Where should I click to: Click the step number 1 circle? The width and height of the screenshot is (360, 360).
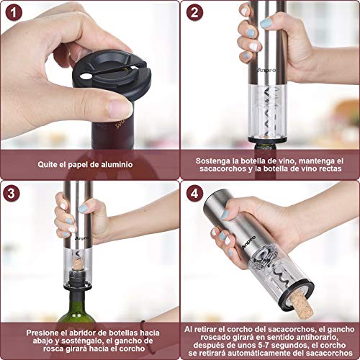click(x=14, y=13)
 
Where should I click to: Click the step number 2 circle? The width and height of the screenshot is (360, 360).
click(x=194, y=13)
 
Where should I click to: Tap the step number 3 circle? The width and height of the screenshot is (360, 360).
click(x=12, y=193)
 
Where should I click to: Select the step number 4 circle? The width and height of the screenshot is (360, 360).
click(x=194, y=193)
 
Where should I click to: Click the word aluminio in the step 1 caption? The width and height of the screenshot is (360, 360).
click(x=117, y=165)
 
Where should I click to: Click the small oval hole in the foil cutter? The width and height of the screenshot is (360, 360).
click(x=86, y=76)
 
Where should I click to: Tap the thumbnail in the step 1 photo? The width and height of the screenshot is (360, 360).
click(x=120, y=109)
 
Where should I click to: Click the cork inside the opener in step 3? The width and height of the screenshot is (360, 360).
click(x=77, y=264)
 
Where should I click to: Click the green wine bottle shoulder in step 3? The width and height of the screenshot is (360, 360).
click(x=76, y=311)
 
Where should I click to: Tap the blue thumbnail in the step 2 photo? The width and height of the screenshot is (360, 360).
click(x=266, y=23)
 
